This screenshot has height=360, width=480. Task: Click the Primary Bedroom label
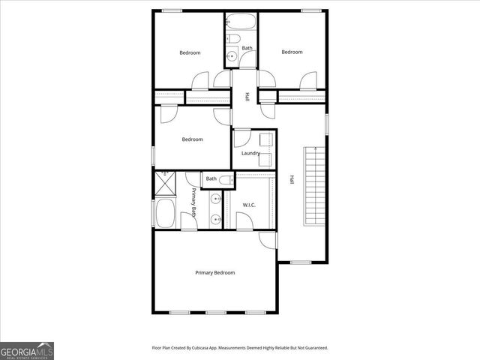click(x=214, y=273)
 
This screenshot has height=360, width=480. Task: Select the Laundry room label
click(x=250, y=154)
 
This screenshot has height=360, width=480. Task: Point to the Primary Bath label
click(x=193, y=202)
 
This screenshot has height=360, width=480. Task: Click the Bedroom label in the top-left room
click(x=190, y=52)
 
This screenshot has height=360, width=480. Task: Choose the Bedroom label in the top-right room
click(x=292, y=52)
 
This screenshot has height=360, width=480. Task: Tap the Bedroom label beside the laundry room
click(x=192, y=139)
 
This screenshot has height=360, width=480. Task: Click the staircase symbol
click(x=314, y=185)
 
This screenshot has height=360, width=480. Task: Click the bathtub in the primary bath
click(x=164, y=214)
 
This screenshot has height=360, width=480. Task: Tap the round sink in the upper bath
click(x=232, y=55)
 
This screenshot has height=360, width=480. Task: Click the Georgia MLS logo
click(x=27, y=350)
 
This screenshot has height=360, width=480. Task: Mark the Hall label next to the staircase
click(x=292, y=180)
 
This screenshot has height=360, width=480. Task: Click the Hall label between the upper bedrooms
click(x=247, y=97)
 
